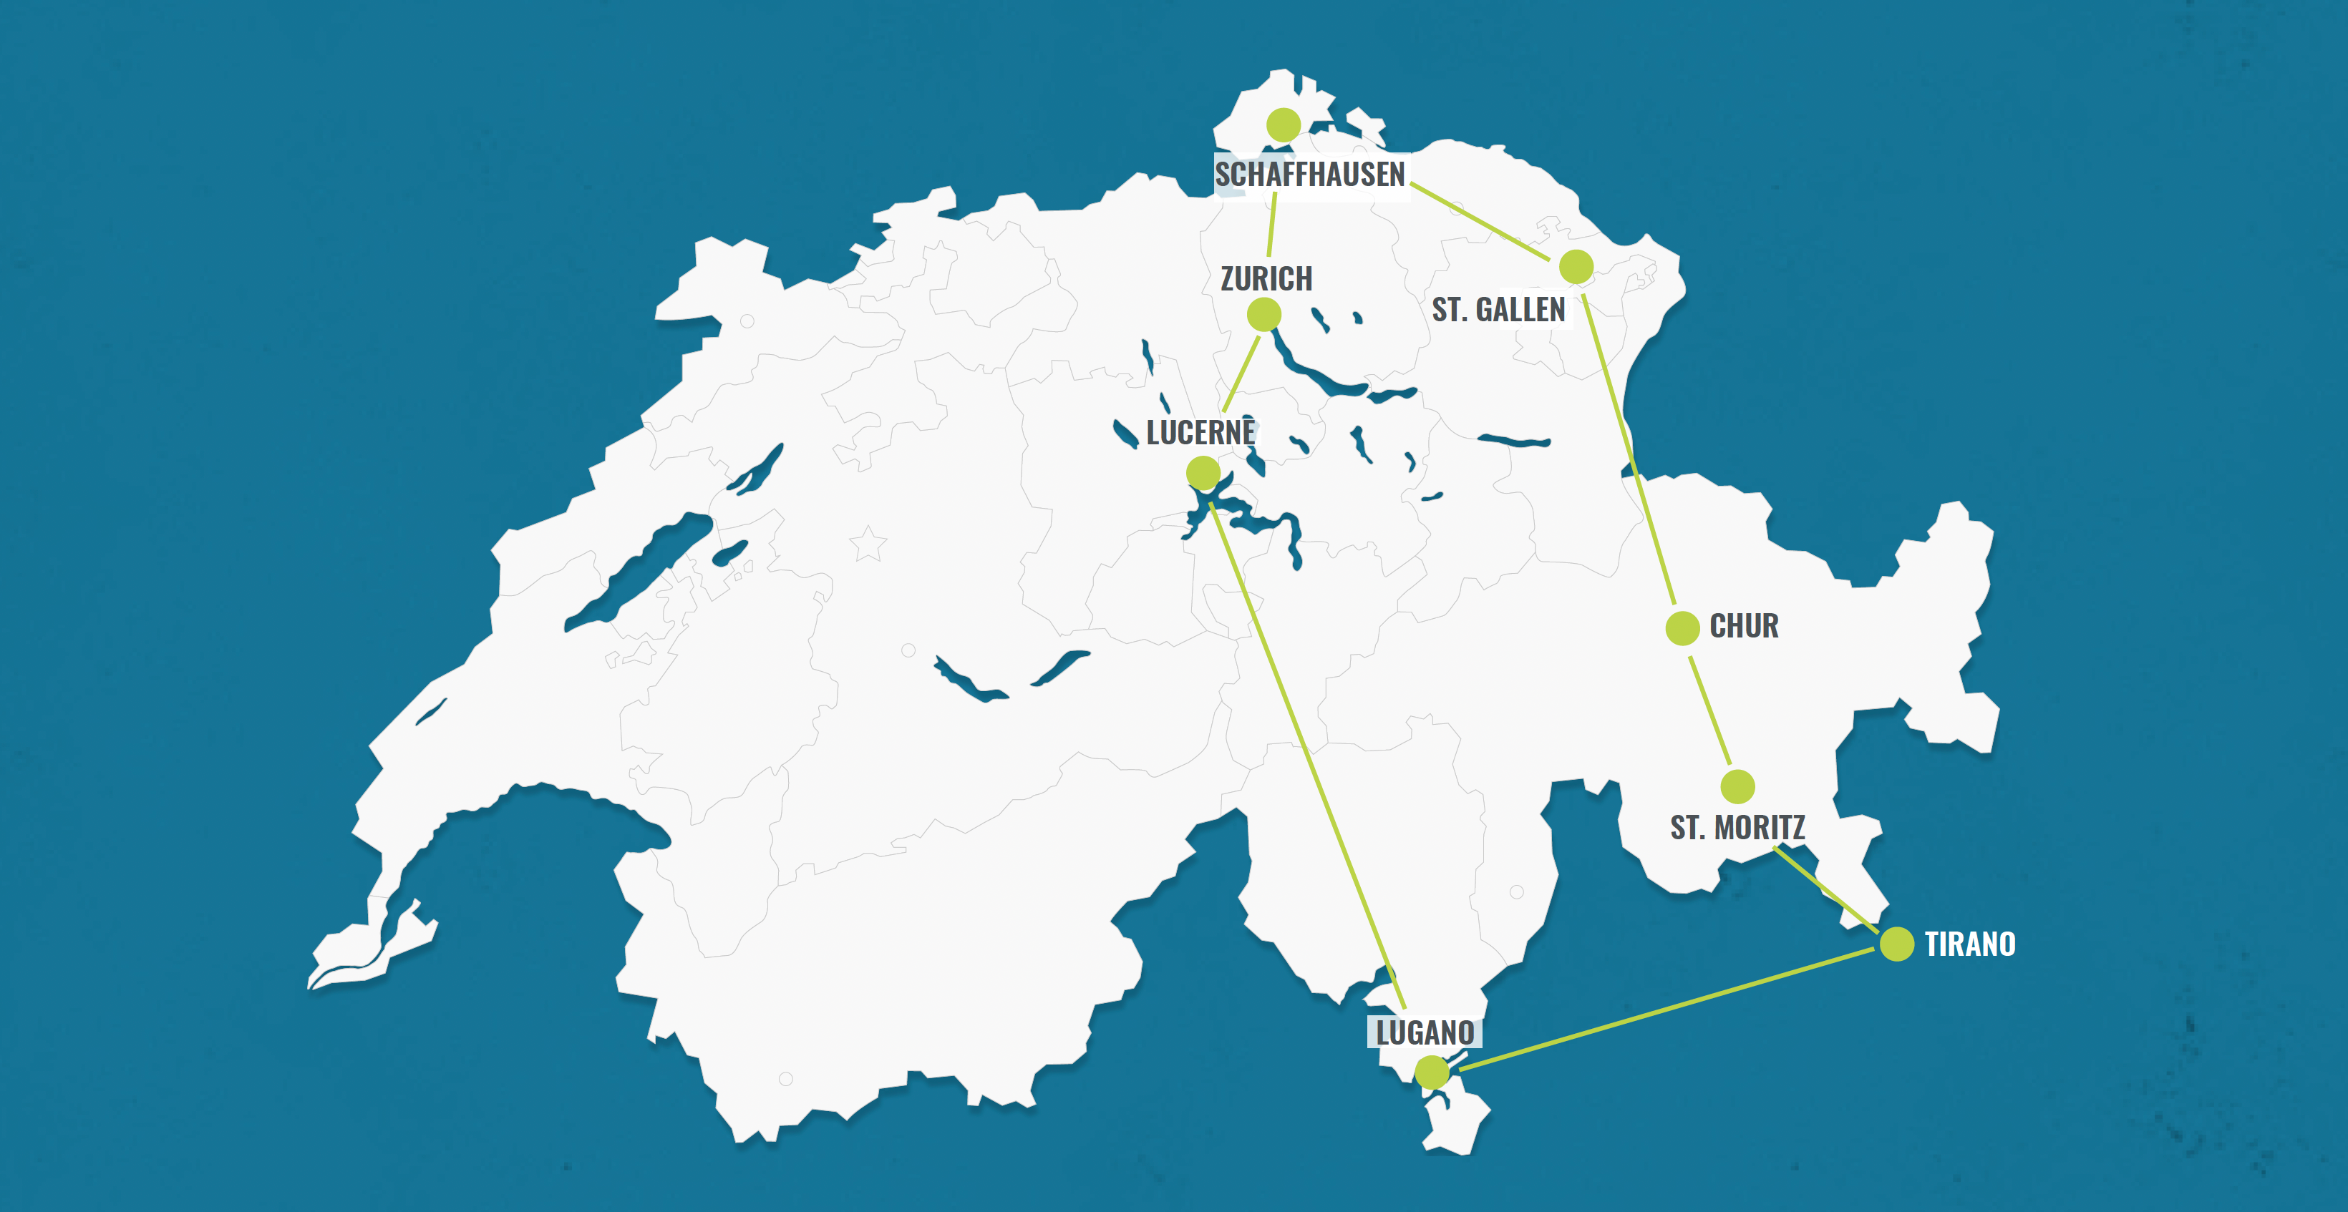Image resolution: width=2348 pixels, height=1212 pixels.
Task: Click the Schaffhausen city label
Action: (x=1310, y=174)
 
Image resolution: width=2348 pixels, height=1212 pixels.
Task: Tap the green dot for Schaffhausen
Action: (x=1284, y=124)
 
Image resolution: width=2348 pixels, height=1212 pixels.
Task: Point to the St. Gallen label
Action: (x=1498, y=310)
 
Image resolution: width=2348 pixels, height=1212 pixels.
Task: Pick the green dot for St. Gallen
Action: (x=1576, y=267)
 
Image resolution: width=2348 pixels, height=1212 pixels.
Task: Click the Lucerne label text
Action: (x=1200, y=432)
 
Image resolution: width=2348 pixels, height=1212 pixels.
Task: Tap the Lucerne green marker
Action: (x=1203, y=473)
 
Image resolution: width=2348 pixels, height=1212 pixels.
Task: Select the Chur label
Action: (x=1744, y=626)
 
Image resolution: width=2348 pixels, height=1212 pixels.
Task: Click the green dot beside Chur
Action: (x=1682, y=628)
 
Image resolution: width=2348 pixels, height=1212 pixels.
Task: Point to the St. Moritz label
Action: (x=1737, y=828)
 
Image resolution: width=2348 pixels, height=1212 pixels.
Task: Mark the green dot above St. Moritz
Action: (x=1737, y=786)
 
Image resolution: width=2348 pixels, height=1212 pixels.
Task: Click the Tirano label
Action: (x=1970, y=944)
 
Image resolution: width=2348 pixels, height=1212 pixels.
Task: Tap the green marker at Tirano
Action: (x=1897, y=944)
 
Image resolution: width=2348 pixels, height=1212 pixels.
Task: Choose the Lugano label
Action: (x=1425, y=1032)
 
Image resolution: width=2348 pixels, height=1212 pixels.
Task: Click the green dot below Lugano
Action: (x=1432, y=1072)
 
